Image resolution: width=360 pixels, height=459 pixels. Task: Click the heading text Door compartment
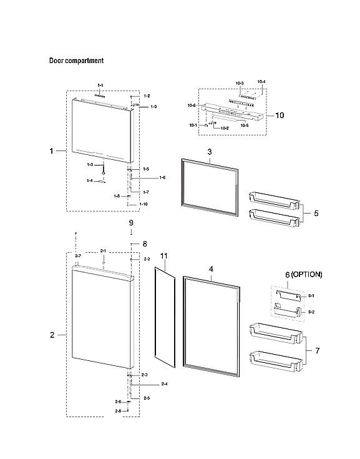pyautogui.click(x=76, y=61)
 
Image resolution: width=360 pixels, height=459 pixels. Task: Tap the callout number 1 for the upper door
pyautogui.click(x=52, y=151)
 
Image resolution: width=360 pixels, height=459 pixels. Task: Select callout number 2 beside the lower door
pyautogui.click(x=52, y=335)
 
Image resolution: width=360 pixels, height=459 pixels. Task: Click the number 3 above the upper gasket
pyautogui.click(x=210, y=152)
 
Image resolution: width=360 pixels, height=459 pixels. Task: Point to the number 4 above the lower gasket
pyautogui.click(x=211, y=269)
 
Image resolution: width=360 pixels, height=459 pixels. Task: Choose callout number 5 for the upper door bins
pyautogui.click(x=316, y=214)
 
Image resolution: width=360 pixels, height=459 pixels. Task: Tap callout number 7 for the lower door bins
pyautogui.click(x=317, y=351)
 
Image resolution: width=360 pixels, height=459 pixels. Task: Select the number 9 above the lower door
pyautogui.click(x=131, y=223)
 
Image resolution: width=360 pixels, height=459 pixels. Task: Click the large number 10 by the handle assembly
pyautogui.click(x=280, y=116)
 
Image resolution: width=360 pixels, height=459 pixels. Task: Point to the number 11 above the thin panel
pyautogui.click(x=164, y=257)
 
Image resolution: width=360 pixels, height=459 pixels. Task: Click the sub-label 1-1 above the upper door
pyautogui.click(x=100, y=84)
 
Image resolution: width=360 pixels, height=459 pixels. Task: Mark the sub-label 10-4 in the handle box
pyautogui.click(x=260, y=82)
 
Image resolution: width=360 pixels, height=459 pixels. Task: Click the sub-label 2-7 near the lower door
pyautogui.click(x=78, y=257)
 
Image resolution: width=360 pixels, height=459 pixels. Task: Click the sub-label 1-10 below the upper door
pyautogui.click(x=144, y=204)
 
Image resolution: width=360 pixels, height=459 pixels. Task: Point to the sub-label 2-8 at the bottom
pyautogui.click(x=118, y=412)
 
